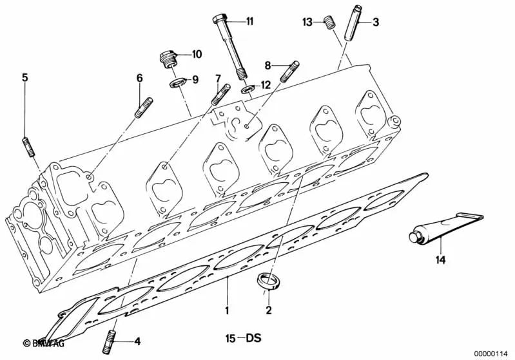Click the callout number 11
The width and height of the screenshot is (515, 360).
point(249,21)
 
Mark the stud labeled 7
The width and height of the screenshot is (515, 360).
point(220,95)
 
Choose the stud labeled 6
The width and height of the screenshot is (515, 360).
point(143,106)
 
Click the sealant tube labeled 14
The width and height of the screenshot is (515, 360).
point(442,229)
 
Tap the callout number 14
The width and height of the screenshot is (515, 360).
point(440,260)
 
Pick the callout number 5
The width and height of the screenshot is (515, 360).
point(25,77)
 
